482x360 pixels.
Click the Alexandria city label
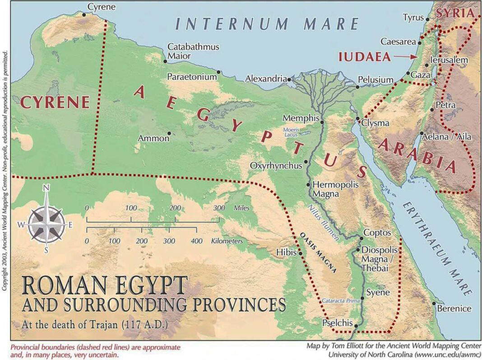coord(266,79)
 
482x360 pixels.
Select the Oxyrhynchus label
coord(276,166)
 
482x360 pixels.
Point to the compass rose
coord(46,224)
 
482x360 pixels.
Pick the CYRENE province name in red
coord(55,103)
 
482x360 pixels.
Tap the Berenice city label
coord(454,309)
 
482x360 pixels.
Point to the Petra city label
coord(445,105)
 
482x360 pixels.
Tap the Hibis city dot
coord(301,253)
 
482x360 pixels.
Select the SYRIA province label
coord(455,13)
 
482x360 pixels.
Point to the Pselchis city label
coord(337,323)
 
